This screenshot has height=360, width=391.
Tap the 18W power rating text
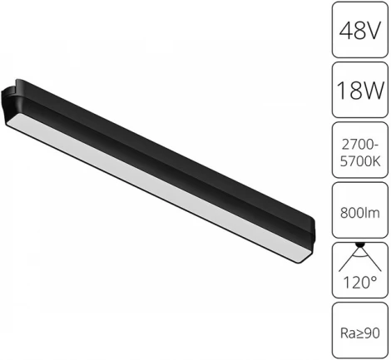[x=359, y=89]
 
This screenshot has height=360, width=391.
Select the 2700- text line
[x=359, y=142]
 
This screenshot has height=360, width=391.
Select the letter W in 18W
[x=371, y=89]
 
